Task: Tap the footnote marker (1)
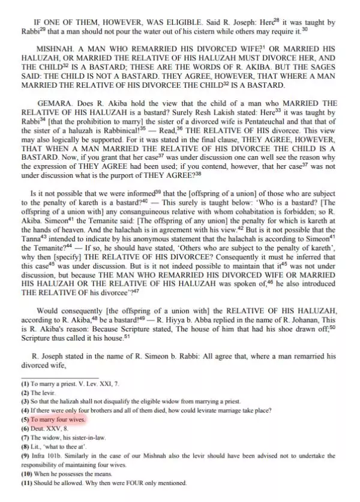point(25,383)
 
